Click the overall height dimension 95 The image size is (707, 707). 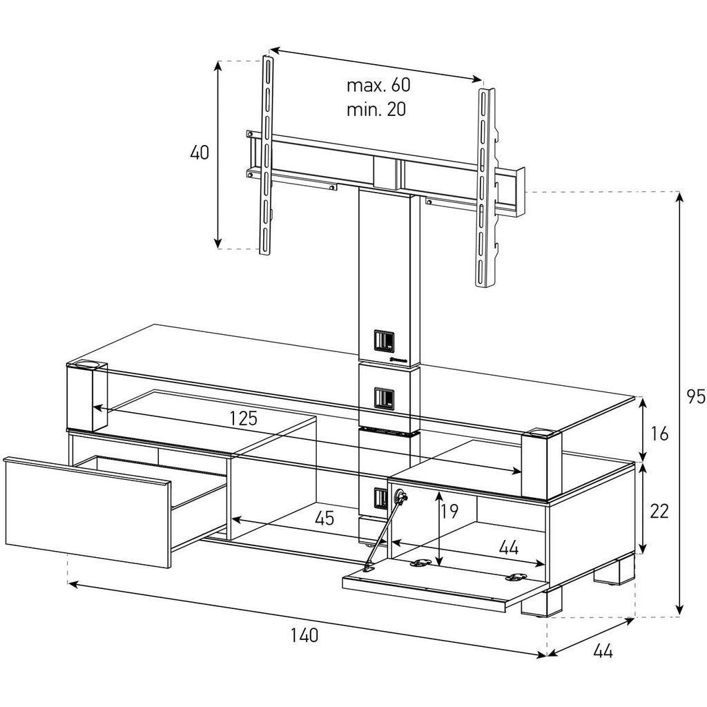695,397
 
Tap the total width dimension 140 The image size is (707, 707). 304,635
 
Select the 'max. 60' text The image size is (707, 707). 378,85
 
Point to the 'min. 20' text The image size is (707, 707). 376,110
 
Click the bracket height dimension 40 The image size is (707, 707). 200,153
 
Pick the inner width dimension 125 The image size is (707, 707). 243,418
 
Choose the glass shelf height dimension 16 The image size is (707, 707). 659,434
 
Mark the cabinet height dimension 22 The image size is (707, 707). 659,511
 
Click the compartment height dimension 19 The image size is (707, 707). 449,511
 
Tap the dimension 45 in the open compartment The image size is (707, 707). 325,519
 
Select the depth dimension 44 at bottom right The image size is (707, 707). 603,651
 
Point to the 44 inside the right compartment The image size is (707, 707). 509,548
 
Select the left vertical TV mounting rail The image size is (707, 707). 266,154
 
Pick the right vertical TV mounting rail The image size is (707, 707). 486,187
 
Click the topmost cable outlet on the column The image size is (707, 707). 384,341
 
